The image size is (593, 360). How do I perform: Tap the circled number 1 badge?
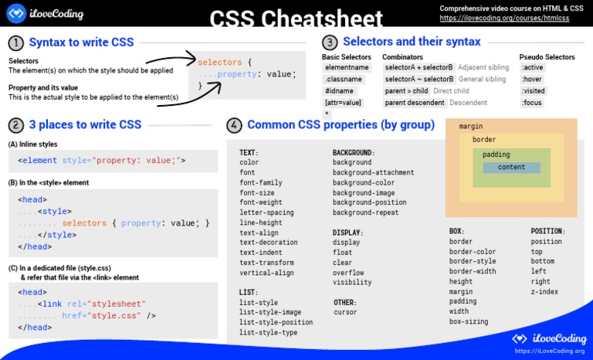(15, 42)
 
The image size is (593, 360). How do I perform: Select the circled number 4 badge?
(234, 124)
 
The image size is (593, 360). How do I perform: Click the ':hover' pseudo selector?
(532, 79)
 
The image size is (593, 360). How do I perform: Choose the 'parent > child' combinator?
(406, 90)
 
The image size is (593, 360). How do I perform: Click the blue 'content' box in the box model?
(511, 167)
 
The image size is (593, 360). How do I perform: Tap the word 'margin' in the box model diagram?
(471, 126)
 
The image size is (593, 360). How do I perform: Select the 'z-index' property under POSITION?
(544, 292)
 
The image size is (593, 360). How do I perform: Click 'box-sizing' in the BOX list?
(469, 321)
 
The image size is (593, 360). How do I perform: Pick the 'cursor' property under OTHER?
(345, 312)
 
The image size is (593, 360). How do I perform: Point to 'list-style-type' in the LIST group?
(268, 332)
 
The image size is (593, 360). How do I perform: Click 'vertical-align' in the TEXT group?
(266, 273)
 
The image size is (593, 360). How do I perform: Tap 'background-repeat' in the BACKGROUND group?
(365, 212)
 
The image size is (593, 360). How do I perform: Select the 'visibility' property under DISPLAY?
(352, 283)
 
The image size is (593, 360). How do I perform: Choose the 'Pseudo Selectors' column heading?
(547, 57)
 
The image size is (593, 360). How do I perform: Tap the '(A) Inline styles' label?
(32, 144)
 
